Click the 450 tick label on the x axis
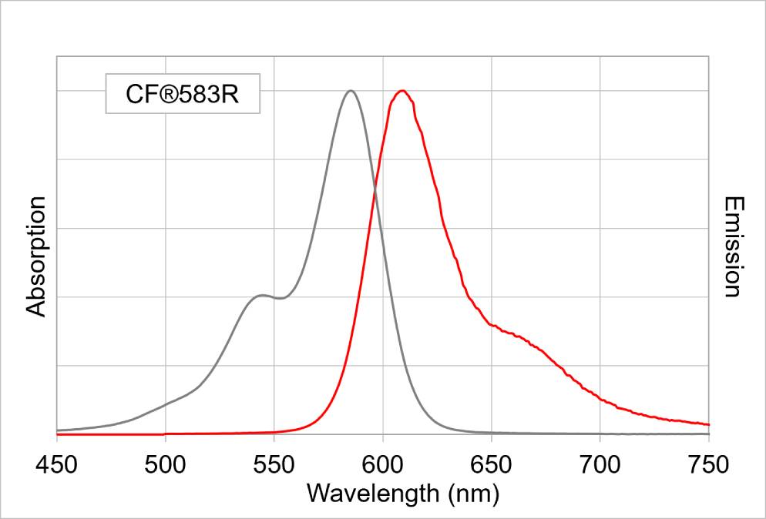(x=56, y=464)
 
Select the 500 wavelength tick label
(x=166, y=464)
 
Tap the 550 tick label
(x=274, y=464)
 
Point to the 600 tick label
(x=383, y=464)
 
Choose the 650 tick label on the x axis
(x=492, y=464)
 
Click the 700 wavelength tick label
(x=600, y=464)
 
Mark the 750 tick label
(x=709, y=464)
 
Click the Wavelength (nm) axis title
(x=403, y=493)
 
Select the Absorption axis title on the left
(x=36, y=256)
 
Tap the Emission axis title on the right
(x=732, y=246)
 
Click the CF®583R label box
(x=183, y=94)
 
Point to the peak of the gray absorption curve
(x=351, y=91)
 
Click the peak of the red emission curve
(x=401, y=91)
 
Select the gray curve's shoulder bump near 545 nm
(x=262, y=295)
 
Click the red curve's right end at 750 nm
(x=708, y=424)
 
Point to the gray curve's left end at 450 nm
(x=58, y=430)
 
